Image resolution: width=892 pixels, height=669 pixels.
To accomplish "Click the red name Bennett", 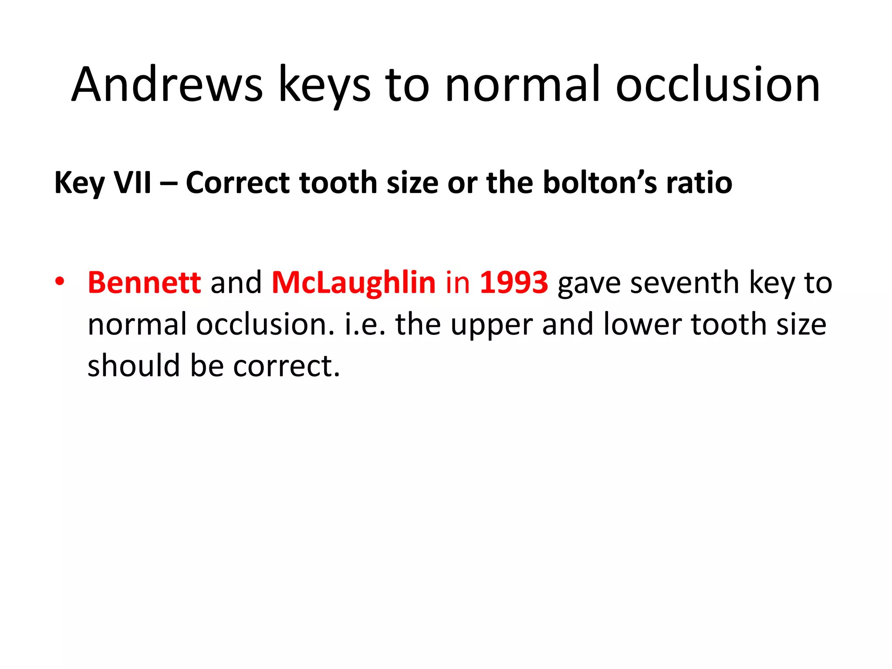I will [x=144, y=282].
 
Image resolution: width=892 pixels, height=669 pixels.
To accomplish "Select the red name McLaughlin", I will [x=353, y=282].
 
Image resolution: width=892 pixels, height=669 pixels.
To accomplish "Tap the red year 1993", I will [x=514, y=282].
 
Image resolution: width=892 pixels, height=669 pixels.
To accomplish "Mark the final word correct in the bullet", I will [x=286, y=366].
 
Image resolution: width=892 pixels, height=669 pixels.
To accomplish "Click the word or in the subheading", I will [x=462, y=183].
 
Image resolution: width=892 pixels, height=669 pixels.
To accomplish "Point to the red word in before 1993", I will [x=457, y=282].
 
